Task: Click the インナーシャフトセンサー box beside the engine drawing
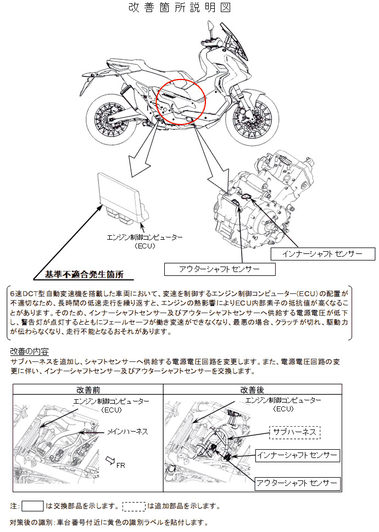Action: [x=322, y=254]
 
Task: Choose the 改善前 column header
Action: [x=88, y=389]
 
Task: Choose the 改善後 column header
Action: [x=252, y=389]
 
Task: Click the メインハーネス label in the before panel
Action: [x=127, y=432]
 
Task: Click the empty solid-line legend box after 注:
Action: [x=32, y=506]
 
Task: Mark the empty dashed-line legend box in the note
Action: [x=133, y=506]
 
